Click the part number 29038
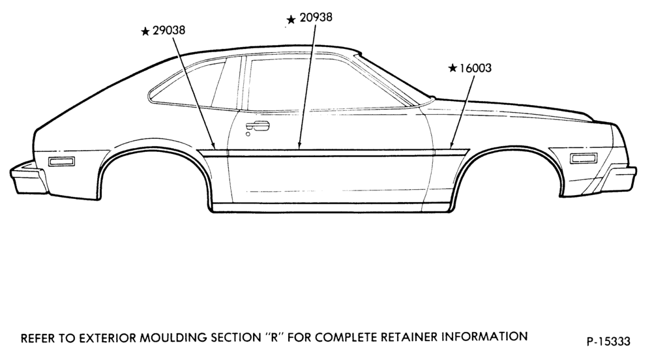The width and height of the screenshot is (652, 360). [x=169, y=31]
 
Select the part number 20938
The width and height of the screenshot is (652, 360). [x=316, y=17]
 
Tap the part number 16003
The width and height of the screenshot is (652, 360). [x=475, y=68]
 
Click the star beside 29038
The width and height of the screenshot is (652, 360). [x=145, y=31]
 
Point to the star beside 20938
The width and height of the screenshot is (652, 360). [x=291, y=20]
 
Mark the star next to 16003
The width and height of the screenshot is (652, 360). [x=453, y=68]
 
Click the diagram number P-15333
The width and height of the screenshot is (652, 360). [x=608, y=342]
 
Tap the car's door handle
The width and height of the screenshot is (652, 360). [x=258, y=126]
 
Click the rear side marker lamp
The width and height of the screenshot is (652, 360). [x=61, y=161]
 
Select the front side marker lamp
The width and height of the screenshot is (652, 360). [x=584, y=158]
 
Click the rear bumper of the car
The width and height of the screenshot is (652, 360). [x=28, y=178]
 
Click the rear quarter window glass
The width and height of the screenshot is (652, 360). [x=187, y=84]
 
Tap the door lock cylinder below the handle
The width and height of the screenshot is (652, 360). [x=248, y=134]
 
